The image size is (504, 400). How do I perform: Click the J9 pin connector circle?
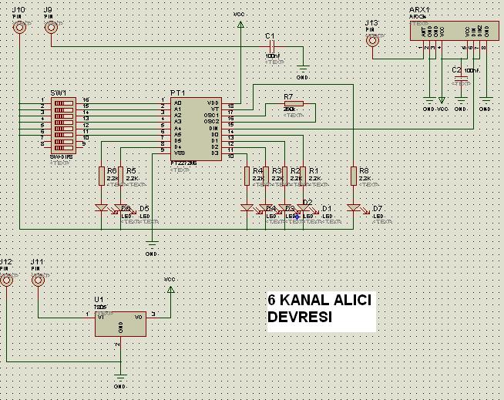[x=51, y=28]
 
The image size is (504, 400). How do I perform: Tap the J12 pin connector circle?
[x=7, y=281]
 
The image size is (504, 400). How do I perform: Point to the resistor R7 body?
[x=293, y=104]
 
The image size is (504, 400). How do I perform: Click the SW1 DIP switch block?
[x=63, y=123]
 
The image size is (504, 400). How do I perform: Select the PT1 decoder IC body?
[x=195, y=128]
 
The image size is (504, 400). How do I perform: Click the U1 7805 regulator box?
[x=120, y=323]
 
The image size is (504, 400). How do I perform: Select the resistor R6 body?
[x=102, y=176]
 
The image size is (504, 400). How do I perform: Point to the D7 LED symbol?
[x=354, y=208]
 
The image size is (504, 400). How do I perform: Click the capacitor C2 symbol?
[x=461, y=79]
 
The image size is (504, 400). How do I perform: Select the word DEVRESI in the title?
[x=300, y=318]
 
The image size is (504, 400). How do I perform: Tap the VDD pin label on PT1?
[x=213, y=103]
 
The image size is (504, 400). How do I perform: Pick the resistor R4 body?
[x=247, y=176]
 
